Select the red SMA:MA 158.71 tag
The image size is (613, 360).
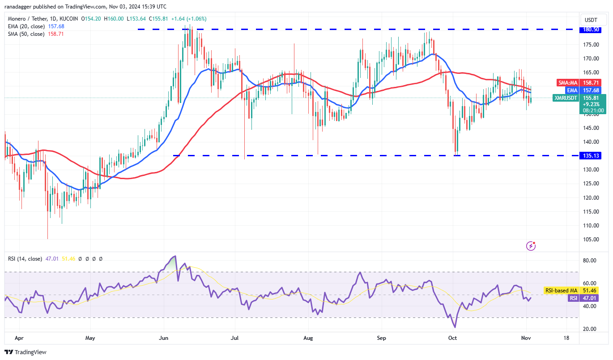pyautogui.click(x=579, y=83)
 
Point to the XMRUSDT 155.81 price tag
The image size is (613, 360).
pyautogui.click(x=579, y=97)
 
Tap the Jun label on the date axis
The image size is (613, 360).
pyautogui.click(x=164, y=338)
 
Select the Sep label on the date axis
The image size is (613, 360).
pyautogui.click(x=381, y=338)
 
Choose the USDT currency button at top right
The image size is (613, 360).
pyautogui.click(x=592, y=20)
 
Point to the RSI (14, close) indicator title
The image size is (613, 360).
pyautogui.click(x=25, y=258)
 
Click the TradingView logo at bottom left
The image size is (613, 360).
pyautogui.click(x=26, y=352)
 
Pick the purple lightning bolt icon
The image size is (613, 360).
pyautogui.click(x=531, y=245)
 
